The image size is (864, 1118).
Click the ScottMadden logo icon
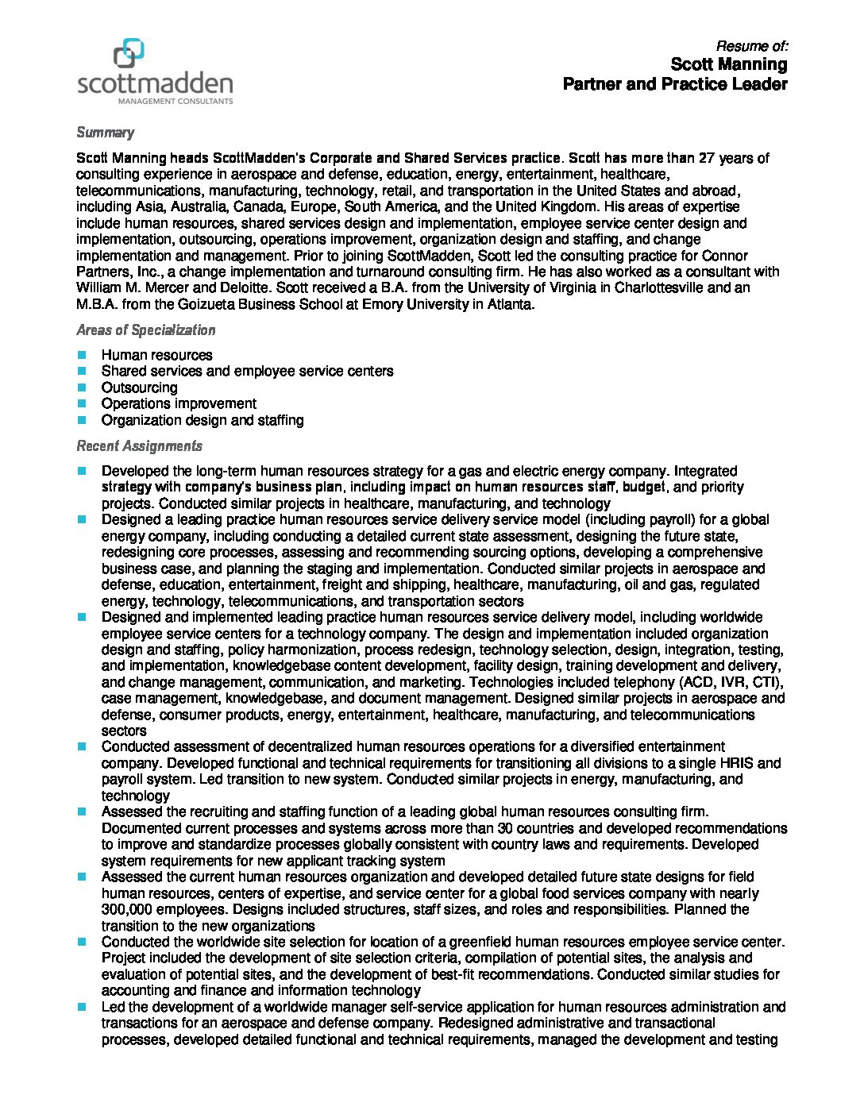[x=129, y=52]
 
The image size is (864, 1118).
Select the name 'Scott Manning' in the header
[x=729, y=64]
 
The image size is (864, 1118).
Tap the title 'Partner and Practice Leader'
[x=675, y=84]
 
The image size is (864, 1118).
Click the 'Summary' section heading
[x=105, y=133]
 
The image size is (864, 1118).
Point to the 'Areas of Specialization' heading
[x=145, y=330]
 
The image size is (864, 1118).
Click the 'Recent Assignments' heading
[x=139, y=446]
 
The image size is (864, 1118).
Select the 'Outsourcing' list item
[x=139, y=387]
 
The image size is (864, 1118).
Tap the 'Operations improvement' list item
[x=179, y=403]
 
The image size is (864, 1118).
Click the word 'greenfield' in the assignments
[x=483, y=942]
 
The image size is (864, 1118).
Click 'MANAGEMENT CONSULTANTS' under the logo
[x=175, y=102]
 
